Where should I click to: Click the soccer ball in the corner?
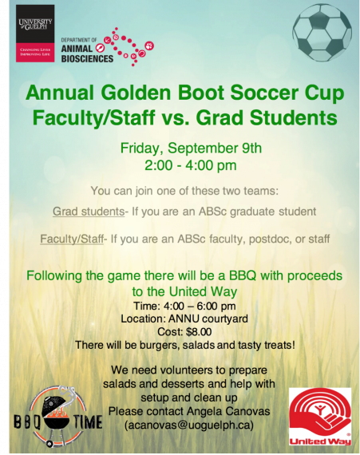click(322, 33)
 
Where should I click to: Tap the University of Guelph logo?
click(35, 34)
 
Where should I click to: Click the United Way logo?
click(320, 417)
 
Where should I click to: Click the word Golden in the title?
click(136, 93)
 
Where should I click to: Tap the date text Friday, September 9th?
click(191, 148)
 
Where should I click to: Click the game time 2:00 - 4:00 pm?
click(191, 165)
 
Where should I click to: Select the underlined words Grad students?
click(89, 212)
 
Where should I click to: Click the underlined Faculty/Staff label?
click(72, 239)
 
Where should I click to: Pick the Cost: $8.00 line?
click(184, 332)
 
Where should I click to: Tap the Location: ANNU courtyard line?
click(184, 318)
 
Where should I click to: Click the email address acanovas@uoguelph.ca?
click(189, 425)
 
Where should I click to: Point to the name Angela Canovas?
click(228, 411)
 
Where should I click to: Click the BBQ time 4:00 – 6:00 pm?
click(200, 306)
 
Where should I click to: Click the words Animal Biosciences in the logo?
click(87, 53)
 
